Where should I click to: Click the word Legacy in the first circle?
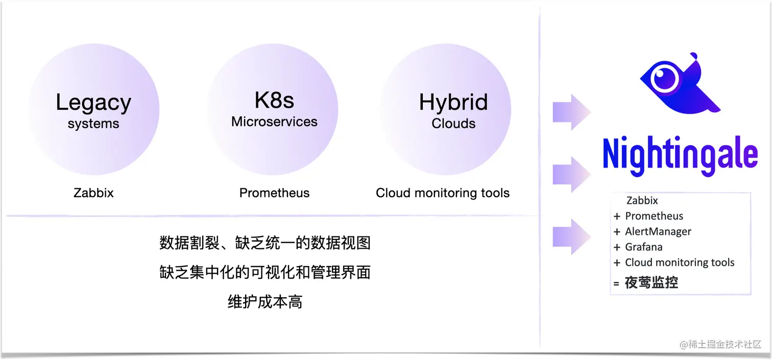click(93, 103)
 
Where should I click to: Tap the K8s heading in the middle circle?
click(274, 100)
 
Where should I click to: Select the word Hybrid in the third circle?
click(453, 102)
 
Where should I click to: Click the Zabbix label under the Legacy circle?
click(93, 193)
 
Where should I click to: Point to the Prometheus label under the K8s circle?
click(274, 193)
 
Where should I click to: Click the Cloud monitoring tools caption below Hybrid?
click(443, 193)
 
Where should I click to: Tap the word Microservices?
click(274, 122)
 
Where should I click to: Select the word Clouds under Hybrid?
click(453, 124)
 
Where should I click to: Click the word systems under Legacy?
click(93, 124)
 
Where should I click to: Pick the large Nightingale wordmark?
click(680, 153)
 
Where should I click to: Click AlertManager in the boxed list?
click(658, 232)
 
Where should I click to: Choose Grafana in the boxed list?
click(643, 247)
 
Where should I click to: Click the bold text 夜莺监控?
click(652, 282)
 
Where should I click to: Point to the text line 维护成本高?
click(265, 302)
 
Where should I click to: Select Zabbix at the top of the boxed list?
click(642, 201)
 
